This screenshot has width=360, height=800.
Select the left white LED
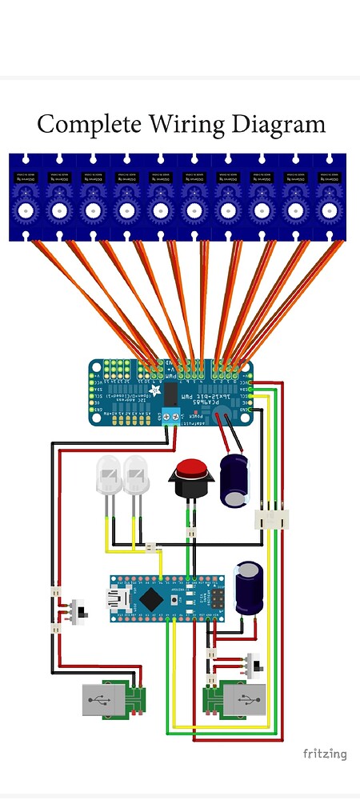[108, 480]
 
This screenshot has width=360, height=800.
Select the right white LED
[136, 480]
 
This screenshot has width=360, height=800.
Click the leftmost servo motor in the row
[26, 197]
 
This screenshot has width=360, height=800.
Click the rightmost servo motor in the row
[329, 197]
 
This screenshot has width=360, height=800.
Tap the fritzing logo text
[325, 754]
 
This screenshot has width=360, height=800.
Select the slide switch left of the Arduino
[79, 613]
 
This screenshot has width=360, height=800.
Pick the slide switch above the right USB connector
[255, 664]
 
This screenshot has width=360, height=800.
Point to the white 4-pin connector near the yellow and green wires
[270, 518]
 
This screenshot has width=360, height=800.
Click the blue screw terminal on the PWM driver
[170, 414]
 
